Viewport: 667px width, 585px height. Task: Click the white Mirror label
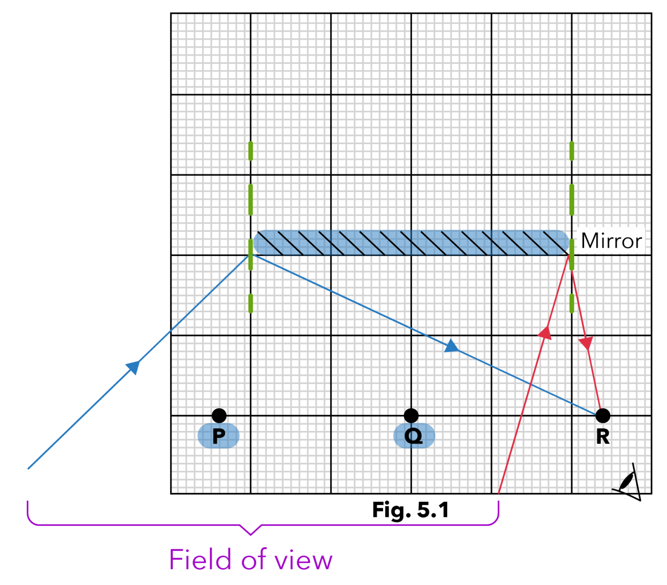pos(611,241)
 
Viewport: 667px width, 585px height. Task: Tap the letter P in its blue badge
pos(218,435)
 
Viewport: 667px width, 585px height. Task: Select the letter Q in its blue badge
pos(413,435)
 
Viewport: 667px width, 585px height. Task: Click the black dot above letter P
pos(219,415)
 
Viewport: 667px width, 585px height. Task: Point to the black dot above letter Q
pos(411,415)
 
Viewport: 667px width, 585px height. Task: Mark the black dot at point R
pos(602,416)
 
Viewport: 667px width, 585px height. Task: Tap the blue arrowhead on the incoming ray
pos(134,367)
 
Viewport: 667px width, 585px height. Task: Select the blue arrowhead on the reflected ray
pos(451,346)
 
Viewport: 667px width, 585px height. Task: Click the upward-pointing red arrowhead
pos(545,333)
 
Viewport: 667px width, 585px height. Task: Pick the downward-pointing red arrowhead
pos(586,343)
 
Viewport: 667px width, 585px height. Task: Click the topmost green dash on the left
pos(251,151)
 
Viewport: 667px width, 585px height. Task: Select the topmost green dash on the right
pos(572,151)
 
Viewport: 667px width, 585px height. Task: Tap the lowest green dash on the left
pos(251,303)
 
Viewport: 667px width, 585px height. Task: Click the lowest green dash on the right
pos(572,303)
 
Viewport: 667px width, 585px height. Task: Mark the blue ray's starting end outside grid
pos(29,468)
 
